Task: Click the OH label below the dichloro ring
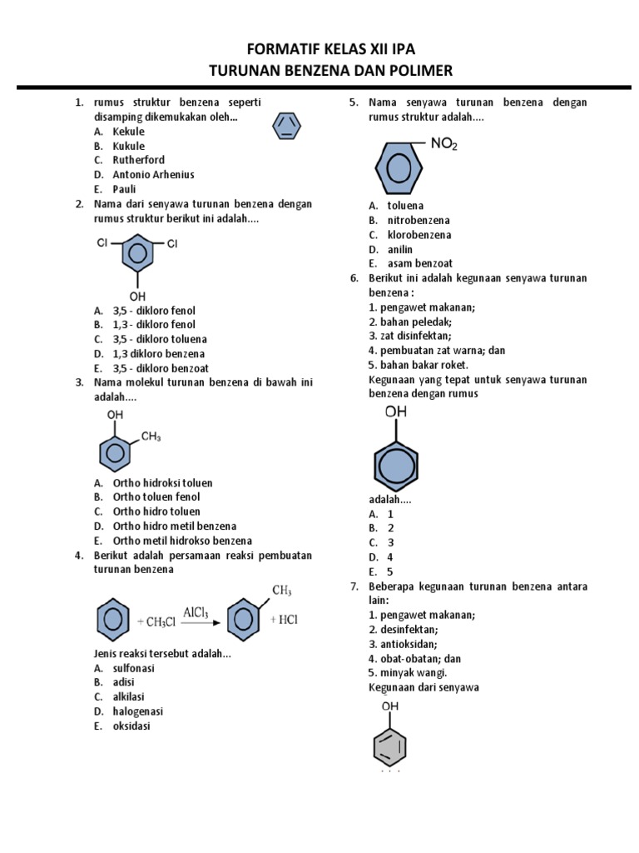(137, 296)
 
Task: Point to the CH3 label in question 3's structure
(151, 436)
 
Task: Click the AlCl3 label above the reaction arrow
(196, 612)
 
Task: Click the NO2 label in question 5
(443, 144)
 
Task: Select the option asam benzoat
(420, 263)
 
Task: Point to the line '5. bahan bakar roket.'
(419, 365)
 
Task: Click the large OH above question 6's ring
(396, 412)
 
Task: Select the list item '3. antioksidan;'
(403, 644)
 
